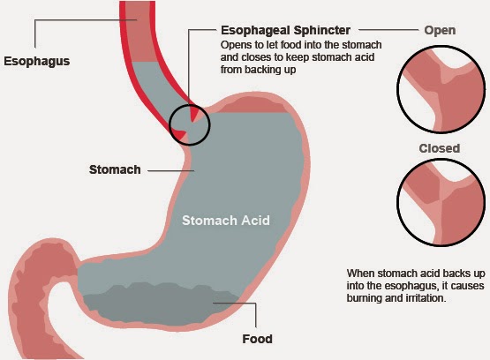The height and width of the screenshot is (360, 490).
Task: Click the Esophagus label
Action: [x=37, y=61]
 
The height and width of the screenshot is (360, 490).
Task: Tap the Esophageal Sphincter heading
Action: [x=286, y=30]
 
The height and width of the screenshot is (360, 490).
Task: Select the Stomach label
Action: [x=115, y=169]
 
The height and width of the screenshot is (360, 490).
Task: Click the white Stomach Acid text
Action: [x=226, y=220]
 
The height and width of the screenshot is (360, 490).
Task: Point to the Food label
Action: [x=257, y=339]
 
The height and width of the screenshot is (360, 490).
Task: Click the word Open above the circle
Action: [x=440, y=30]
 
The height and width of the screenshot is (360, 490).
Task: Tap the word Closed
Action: [x=440, y=148]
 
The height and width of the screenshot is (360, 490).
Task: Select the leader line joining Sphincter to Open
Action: [x=388, y=30]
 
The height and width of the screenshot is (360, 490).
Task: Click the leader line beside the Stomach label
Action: [x=171, y=171]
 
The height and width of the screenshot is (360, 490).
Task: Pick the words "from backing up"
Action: [x=258, y=70]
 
